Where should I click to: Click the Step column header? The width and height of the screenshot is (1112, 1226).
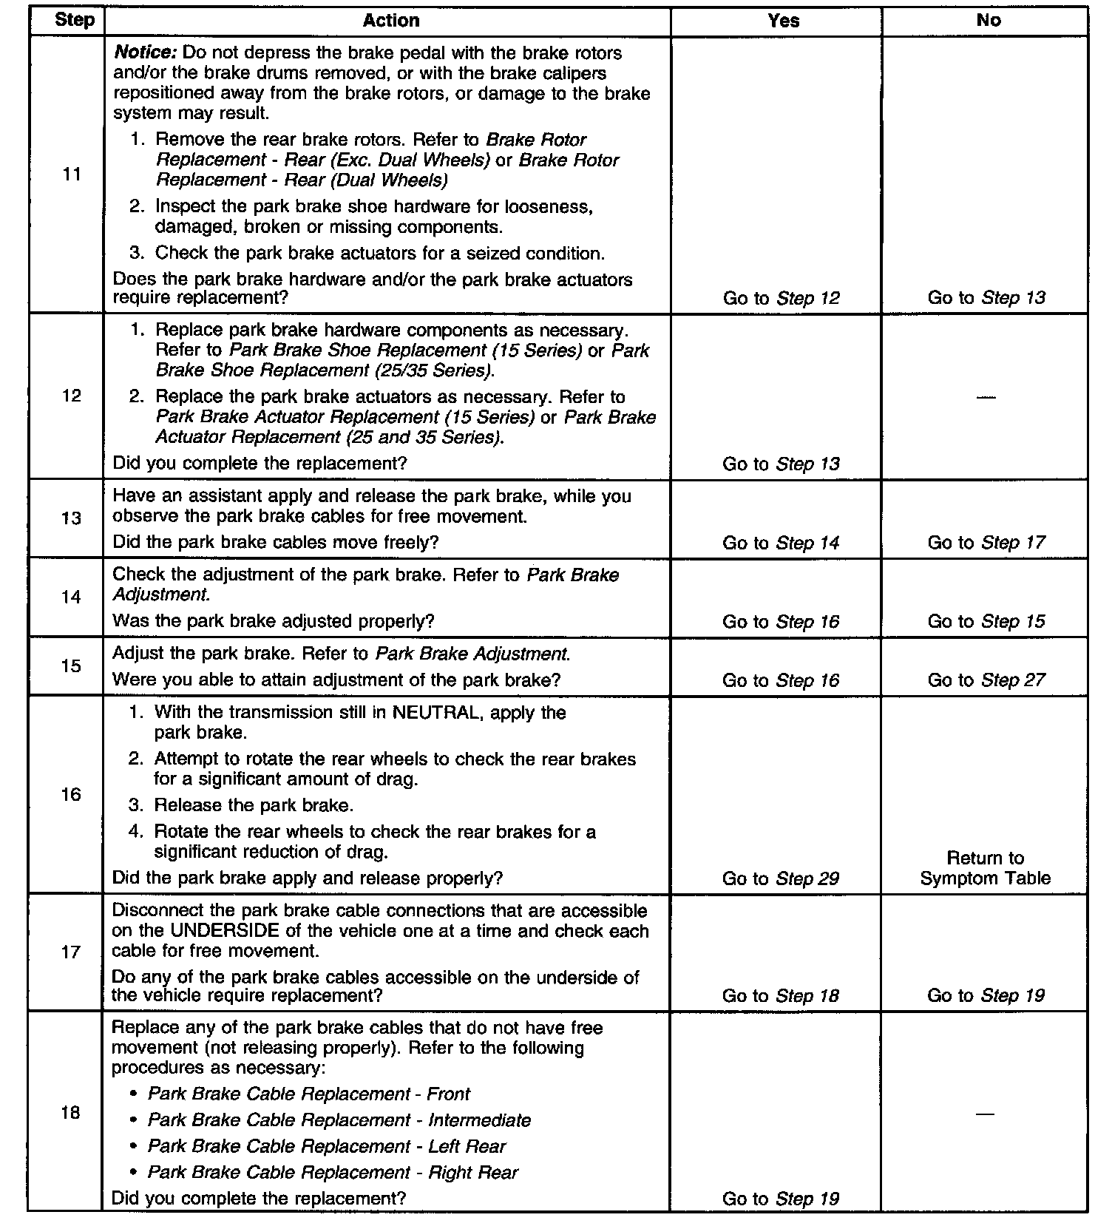tap(75, 20)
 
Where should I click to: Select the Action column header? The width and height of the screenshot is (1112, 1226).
tap(391, 21)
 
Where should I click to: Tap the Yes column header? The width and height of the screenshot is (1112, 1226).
tap(783, 21)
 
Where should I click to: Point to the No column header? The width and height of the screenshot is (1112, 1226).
tap(988, 21)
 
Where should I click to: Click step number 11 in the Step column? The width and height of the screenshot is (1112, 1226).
tap(72, 175)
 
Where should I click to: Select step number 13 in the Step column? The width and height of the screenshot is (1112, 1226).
tap(72, 518)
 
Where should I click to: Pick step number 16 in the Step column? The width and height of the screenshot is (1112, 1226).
tap(72, 795)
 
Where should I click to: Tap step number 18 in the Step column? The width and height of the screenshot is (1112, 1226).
tap(71, 1113)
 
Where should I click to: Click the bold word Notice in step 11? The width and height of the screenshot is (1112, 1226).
tap(144, 53)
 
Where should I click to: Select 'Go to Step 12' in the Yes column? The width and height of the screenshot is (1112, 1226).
tap(781, 298)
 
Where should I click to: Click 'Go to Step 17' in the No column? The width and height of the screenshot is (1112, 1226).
tap(986, 543)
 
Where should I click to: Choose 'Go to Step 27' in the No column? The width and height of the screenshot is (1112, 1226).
tap(986, 680)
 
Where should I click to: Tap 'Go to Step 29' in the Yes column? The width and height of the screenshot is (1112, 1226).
tap(781, 878)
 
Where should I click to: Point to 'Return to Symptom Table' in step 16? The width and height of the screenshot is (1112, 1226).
tap(986, 868)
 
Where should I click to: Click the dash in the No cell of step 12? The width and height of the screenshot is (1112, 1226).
tap(986, 398)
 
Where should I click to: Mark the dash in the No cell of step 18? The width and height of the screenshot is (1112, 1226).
tap(986, 1114)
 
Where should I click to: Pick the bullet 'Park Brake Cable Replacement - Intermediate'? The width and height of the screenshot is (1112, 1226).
tap(339, 1120)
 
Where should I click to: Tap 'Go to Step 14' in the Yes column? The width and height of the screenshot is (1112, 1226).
tap(781, 543)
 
